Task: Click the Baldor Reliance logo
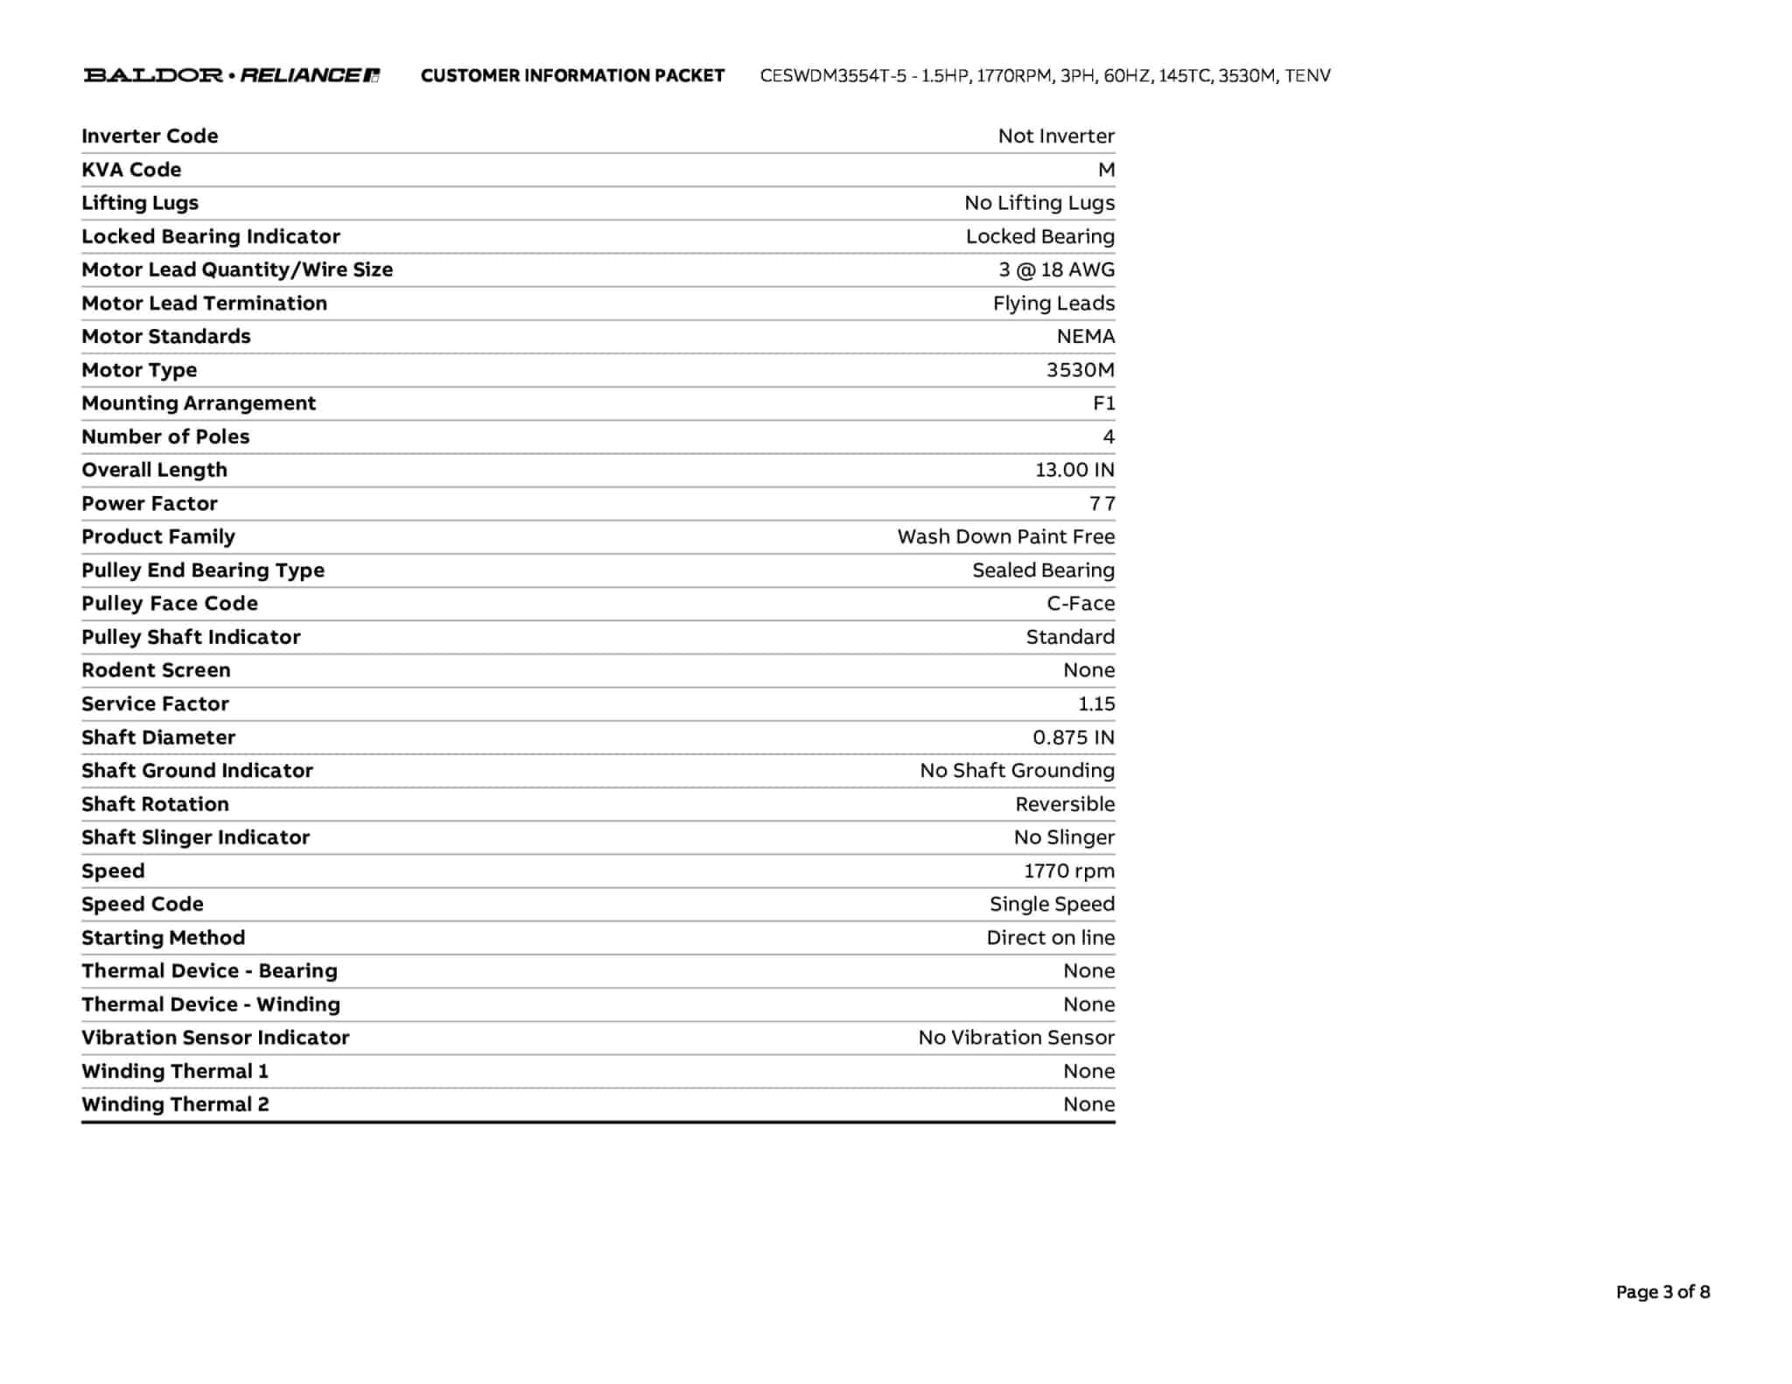[232, 75]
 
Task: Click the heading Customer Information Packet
[572, 76]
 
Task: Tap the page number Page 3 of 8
[1662, 1292]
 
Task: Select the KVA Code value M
[1106, 170]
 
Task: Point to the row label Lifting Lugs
[140, 203]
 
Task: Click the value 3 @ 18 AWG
[1056, 269]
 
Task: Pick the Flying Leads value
[1053, 303]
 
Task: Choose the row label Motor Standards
[166, 337]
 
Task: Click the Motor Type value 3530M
[1080, 370]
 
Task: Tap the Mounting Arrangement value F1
[1103, 403]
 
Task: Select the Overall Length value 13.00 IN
[1074, 470]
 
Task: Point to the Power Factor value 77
[1102, 504]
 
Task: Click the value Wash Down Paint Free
[1005, 536]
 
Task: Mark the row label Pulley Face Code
[170, 604]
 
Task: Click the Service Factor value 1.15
[1095, 704]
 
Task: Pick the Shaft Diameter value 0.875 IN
[1073, 737]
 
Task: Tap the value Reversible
[1064, 804]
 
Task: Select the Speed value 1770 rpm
[1068, 871]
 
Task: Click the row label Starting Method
[164, 938]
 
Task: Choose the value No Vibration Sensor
[1016, 1038]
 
